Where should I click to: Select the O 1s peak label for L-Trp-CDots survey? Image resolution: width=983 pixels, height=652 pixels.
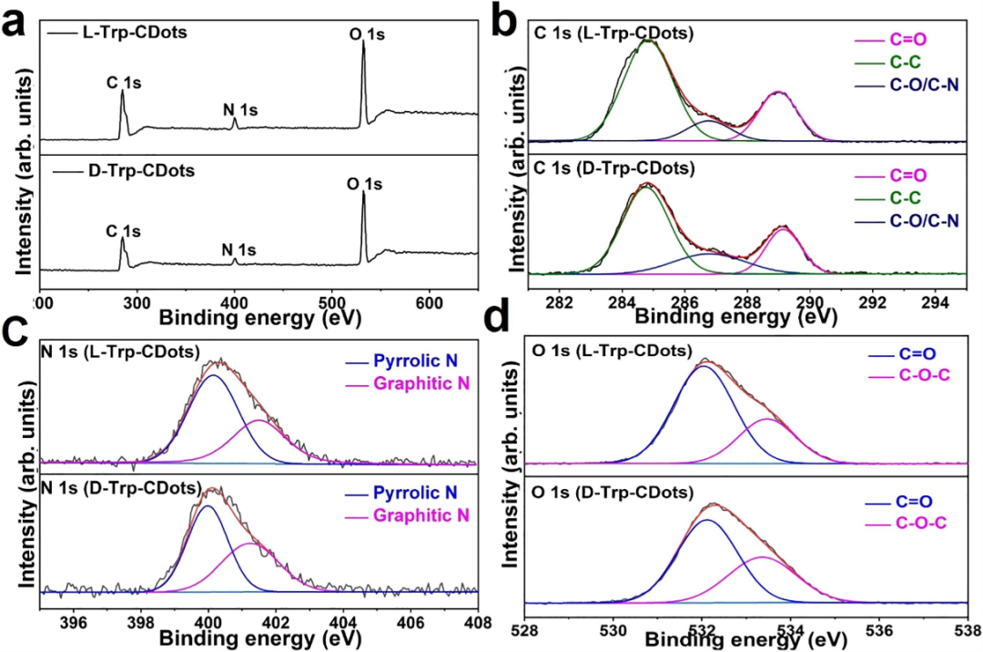[x=368, y=35]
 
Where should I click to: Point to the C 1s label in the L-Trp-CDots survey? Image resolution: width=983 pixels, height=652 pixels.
[x=124, y=84]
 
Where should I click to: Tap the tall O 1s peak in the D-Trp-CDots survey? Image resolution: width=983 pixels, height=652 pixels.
[x=363, y=219]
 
